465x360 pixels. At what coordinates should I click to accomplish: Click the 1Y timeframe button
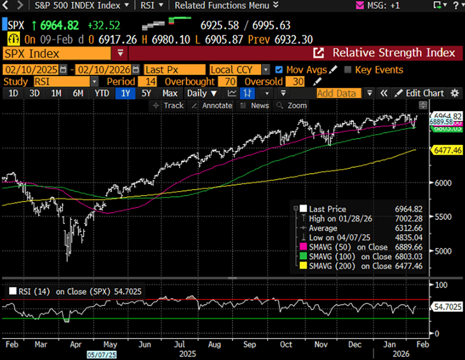point(125,93)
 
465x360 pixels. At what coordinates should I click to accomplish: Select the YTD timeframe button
point(102,93)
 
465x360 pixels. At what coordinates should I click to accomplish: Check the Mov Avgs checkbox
point(279,70)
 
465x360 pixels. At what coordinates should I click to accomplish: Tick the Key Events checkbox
point(347,70)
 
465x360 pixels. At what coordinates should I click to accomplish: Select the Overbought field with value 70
point(227,81)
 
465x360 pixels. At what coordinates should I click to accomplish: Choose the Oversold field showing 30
point(297,81)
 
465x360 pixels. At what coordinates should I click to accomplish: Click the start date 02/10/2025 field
point(31,70)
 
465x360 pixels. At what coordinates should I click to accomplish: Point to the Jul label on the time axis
point(179,345)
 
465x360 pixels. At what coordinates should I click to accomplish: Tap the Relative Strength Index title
point(394,53)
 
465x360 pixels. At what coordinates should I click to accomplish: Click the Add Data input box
point(339,93)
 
